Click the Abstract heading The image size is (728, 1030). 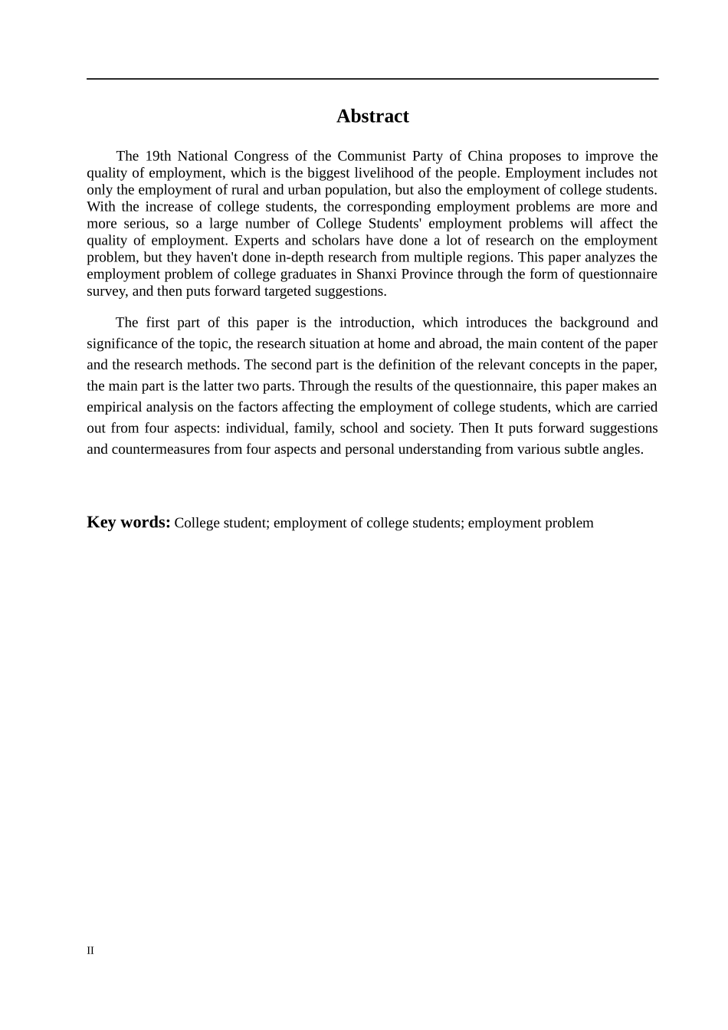click(372, 116)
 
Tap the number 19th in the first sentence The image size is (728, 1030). click(159, 156)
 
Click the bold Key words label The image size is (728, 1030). click(129, 523)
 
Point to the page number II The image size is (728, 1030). click(90, 950)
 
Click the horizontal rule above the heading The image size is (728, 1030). click(372, 79)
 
